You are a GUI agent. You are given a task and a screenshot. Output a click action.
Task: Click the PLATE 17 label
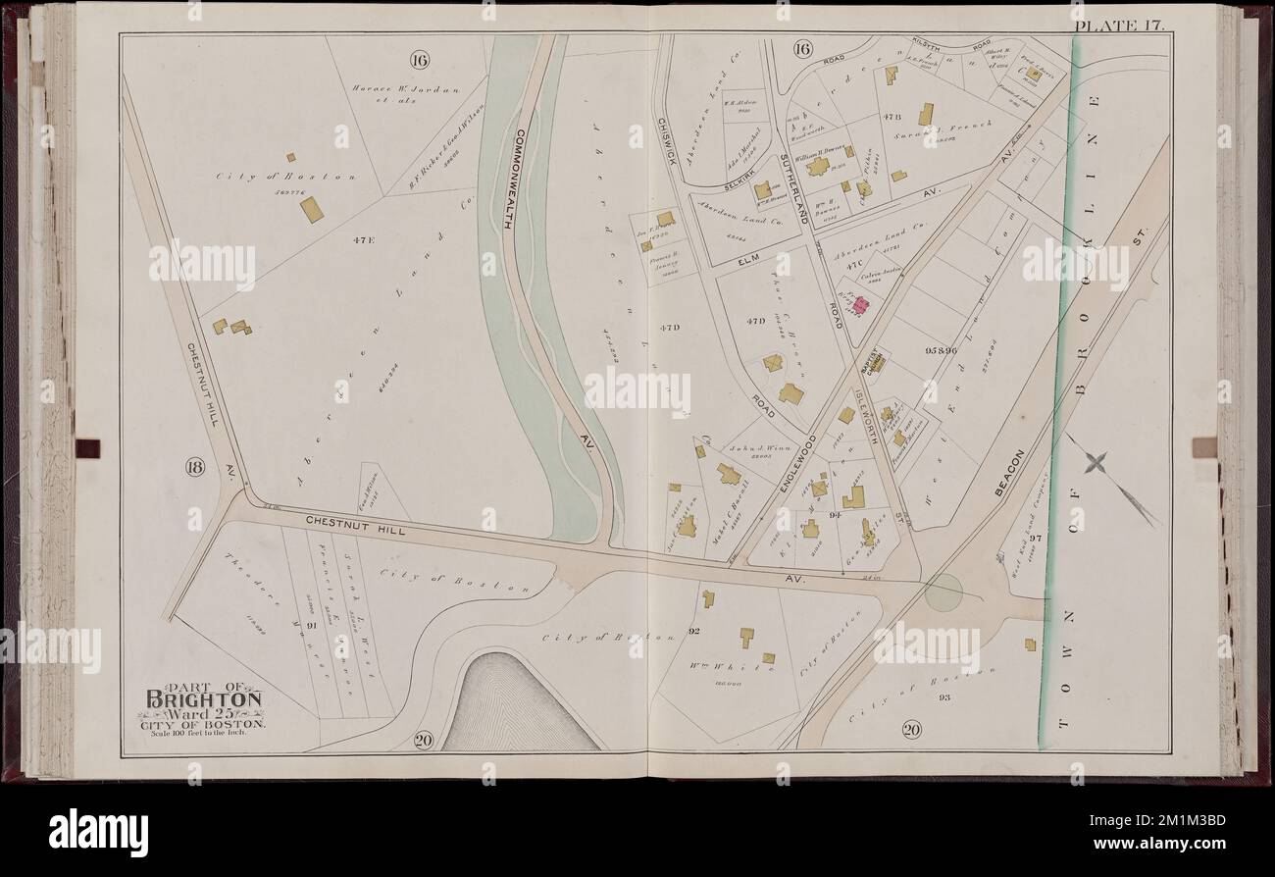[x=1118, y=26]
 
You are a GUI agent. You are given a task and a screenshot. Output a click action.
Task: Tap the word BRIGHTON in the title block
[x=204, y=699]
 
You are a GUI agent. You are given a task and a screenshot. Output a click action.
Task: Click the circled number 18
[x=194, y=467]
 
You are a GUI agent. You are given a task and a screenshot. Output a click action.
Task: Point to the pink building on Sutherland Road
[x=859, y=306]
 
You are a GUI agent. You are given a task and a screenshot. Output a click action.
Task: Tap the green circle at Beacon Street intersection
[x=943, y=593]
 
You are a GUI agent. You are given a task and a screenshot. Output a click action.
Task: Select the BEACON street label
[x=1009, y=472]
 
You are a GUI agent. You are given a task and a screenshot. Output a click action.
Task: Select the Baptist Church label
[x=866, y=360]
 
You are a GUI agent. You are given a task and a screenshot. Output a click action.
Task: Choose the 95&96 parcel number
[x=940, y=350]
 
